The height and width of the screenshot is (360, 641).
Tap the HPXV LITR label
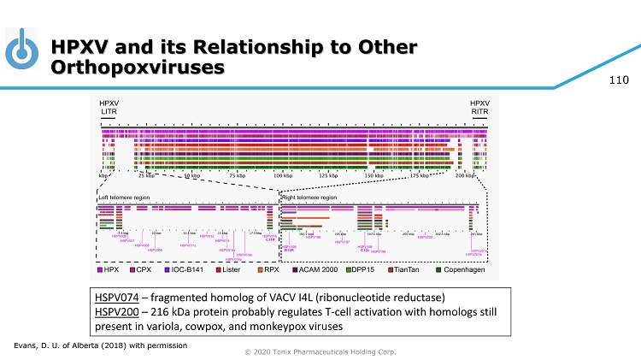[109, 108]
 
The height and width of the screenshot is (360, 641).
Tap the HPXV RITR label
[479, 108]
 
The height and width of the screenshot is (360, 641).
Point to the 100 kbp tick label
[283, 175]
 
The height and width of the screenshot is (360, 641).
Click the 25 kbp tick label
[147, 175]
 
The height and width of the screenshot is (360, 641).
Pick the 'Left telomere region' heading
[125, 196]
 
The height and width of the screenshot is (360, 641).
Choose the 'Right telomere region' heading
[310, 196]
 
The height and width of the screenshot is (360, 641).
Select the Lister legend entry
[226, 270]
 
